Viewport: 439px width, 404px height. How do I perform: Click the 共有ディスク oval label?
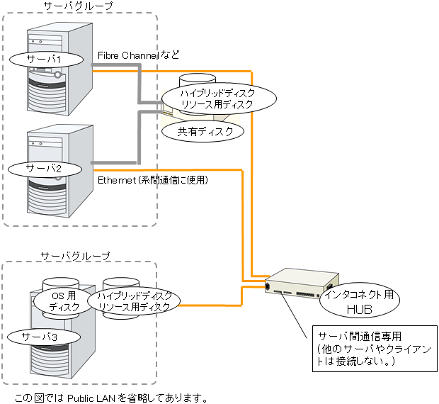tap(201, 131)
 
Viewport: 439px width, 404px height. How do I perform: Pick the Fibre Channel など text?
tap(139, 55)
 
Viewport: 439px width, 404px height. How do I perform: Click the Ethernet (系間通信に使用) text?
tap(152, 181)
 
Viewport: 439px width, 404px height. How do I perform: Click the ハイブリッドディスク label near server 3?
tap(135, 301)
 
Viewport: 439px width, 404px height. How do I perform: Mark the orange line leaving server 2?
tap(177, 169)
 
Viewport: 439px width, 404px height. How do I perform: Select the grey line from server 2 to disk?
tap(113, 162)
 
